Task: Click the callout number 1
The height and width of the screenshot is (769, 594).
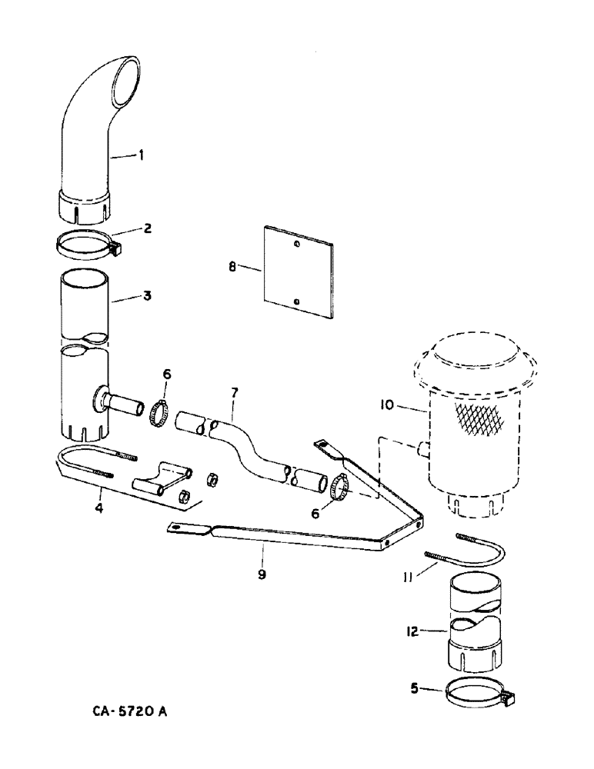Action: click(141, 156)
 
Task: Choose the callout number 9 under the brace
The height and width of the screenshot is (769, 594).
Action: click(262, 574)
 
